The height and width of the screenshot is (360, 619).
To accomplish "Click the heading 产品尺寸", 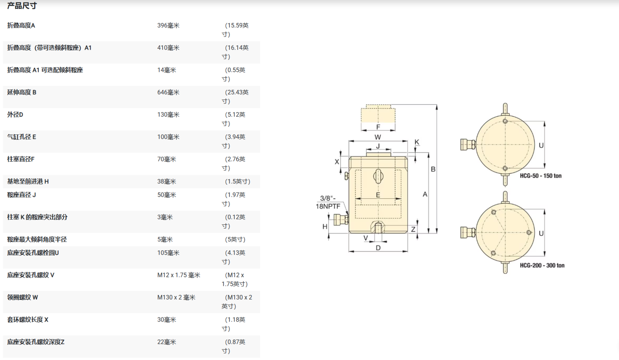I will tap(22, 6).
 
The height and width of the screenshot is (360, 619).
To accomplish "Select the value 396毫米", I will tap(168, 26).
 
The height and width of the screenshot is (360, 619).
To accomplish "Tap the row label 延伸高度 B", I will tap(22, 92).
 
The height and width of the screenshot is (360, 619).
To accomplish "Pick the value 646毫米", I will tap(168, 92).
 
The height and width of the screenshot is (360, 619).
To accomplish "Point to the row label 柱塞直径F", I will tap(21, 159).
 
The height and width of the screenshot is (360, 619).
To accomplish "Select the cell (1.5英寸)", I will tap(237, 181).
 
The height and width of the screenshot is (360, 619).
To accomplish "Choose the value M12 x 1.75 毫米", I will tap(178, 275).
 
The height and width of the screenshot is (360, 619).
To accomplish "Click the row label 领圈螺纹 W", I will tap(23, 297).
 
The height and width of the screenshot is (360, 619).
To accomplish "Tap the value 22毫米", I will tap(166, 342).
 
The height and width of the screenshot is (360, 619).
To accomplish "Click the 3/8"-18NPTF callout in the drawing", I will tap(328, 202).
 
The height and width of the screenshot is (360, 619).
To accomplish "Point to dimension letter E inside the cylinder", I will tap(378, 195).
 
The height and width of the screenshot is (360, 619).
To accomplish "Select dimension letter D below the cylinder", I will tap(378, 248).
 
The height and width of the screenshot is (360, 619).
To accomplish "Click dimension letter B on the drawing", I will tap(433, 169).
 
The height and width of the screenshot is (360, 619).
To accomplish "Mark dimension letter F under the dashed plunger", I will tap(378, 127).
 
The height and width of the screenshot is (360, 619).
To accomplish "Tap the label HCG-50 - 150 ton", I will tap(541, 176).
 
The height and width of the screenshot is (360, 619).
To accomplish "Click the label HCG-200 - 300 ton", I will tap(542, 266).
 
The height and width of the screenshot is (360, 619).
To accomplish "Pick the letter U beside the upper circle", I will tap(541, 146).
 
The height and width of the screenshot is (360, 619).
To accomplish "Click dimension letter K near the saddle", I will tap(417, 142).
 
